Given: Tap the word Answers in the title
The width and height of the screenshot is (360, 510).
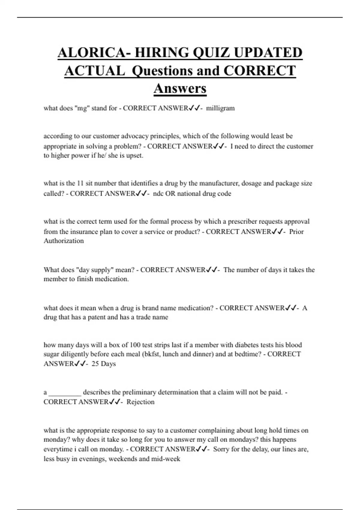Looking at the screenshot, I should click(180, 88).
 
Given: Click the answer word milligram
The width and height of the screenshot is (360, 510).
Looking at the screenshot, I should click(220, 108).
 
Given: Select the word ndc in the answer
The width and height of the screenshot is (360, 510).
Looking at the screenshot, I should click(158, 194).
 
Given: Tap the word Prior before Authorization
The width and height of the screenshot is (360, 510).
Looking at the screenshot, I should click(296, 232).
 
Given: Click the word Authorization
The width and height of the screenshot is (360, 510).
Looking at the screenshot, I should click(64, 241).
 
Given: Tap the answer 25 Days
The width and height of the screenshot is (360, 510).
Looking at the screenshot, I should click(103, 364).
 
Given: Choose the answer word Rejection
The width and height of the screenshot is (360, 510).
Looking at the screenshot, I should click(140, 402).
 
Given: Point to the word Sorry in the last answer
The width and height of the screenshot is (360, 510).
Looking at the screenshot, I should click(221, 449).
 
